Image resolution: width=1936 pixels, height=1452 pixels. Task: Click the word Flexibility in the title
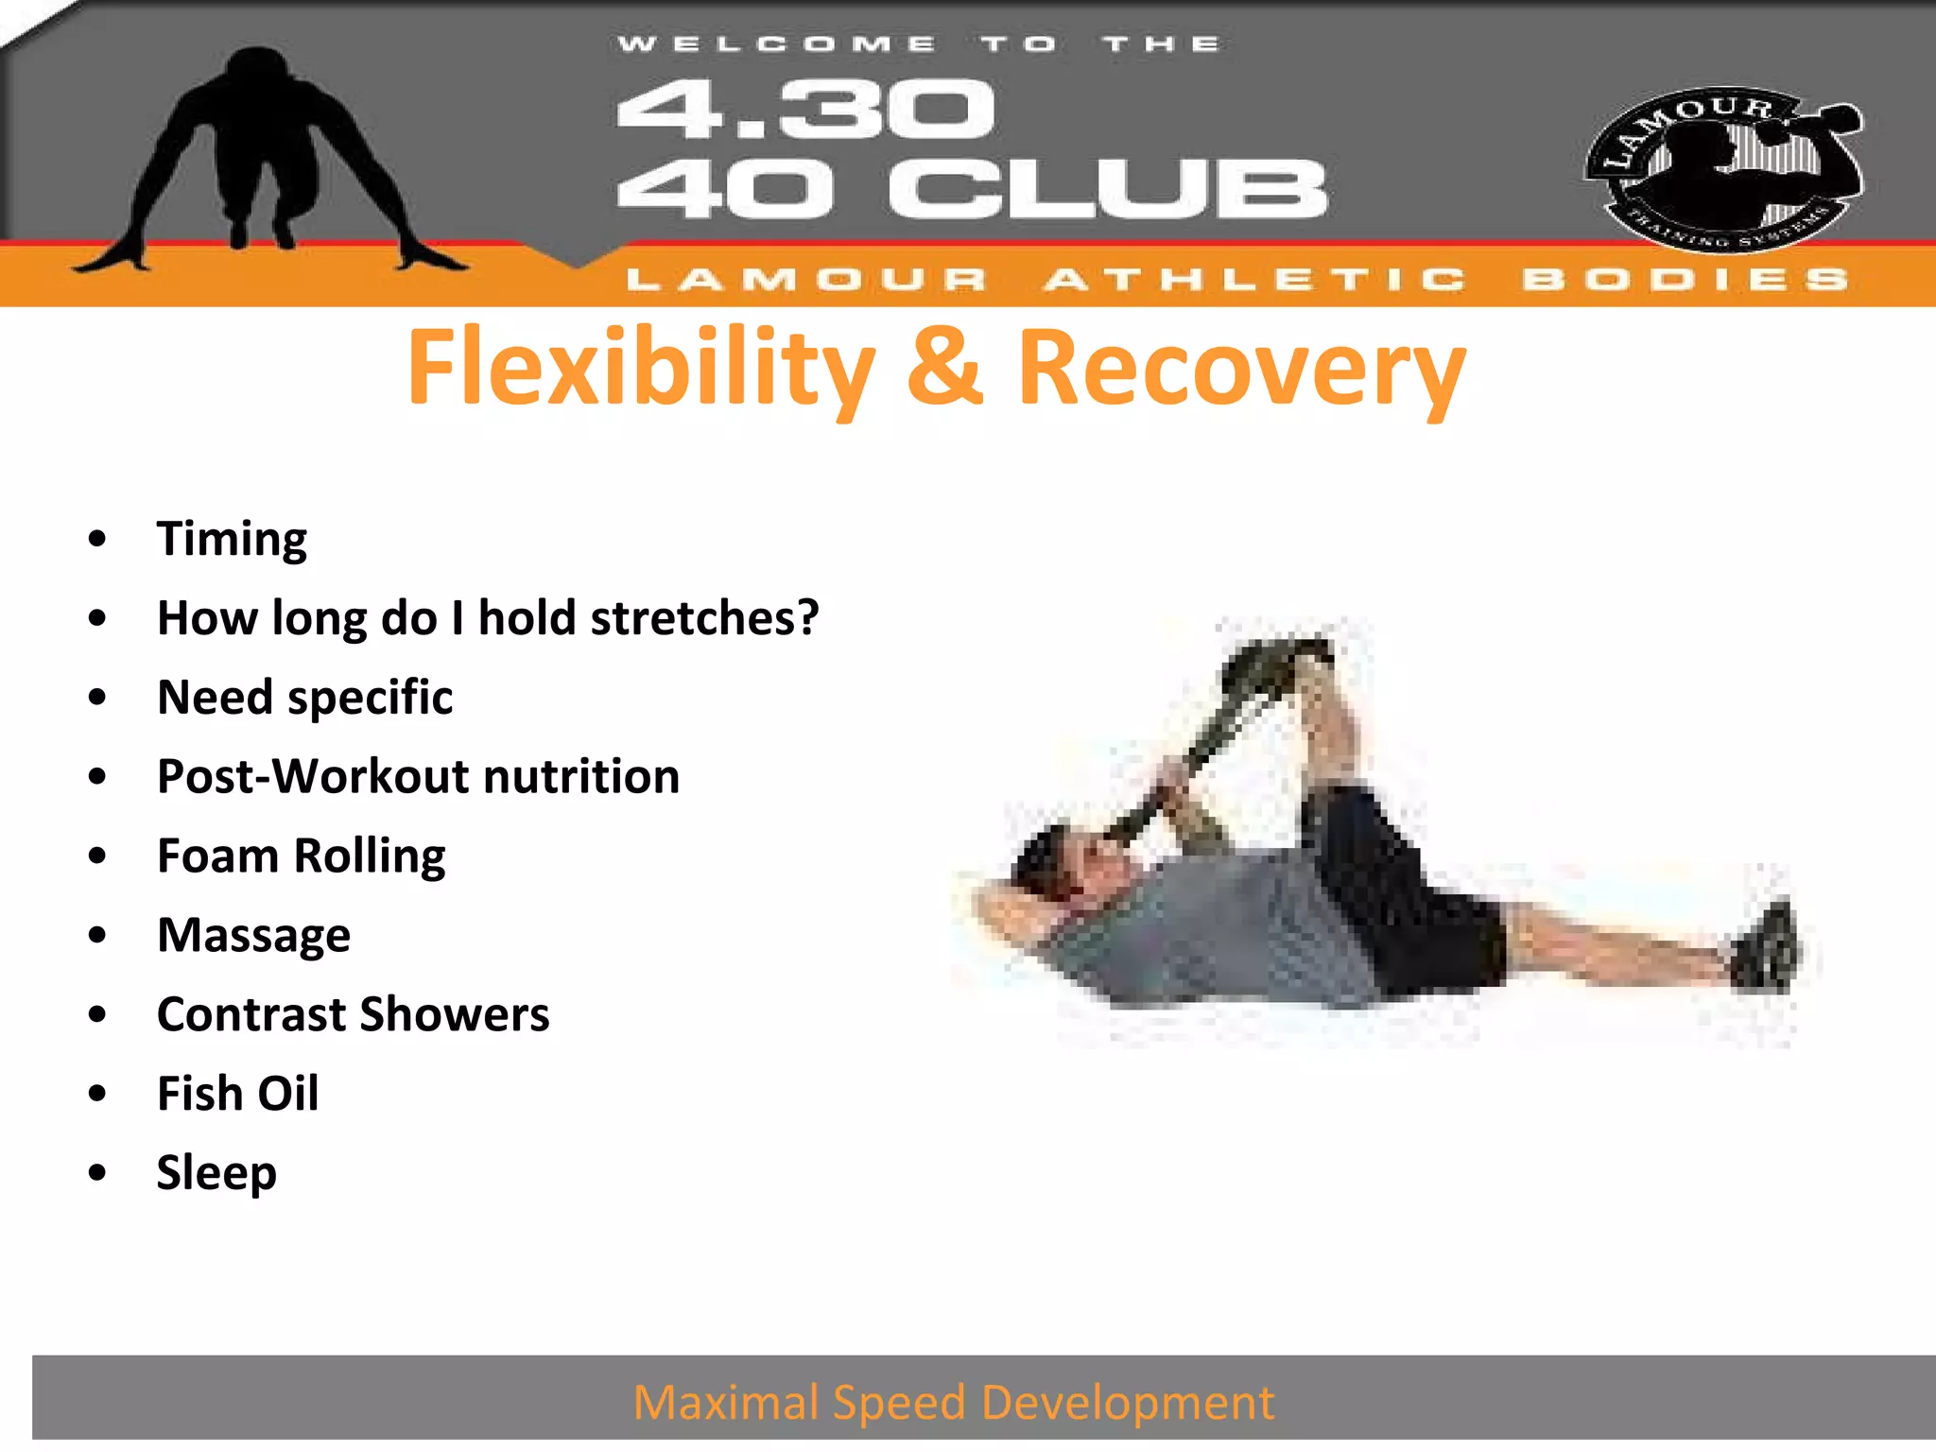(x=641, y=368)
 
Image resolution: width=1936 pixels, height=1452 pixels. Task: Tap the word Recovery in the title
(x=1240, y=368)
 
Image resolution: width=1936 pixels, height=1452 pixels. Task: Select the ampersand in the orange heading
(x=944, y=366)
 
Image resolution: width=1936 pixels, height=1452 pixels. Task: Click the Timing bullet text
(x=232, y=540)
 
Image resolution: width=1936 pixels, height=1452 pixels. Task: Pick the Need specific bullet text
(x=304, y=699)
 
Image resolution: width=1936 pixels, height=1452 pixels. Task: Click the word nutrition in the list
(x=581, y=777)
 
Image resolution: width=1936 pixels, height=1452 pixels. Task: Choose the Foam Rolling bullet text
(x=301, y=856)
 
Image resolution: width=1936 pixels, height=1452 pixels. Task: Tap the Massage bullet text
(x=253, y=936)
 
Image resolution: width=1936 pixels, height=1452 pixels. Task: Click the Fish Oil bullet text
(x=237, y=1094)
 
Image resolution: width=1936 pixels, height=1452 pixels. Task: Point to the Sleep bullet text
(x=216, y=1173)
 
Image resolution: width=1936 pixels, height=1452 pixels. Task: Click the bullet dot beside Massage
(x=97, y=935)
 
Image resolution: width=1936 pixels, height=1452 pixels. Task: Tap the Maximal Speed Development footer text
(x=953, y=1402)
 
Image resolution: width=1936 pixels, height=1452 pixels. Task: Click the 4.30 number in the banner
(x=805, y=110)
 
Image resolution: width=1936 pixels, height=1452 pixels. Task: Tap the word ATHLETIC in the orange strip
(x=1255, y=280)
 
